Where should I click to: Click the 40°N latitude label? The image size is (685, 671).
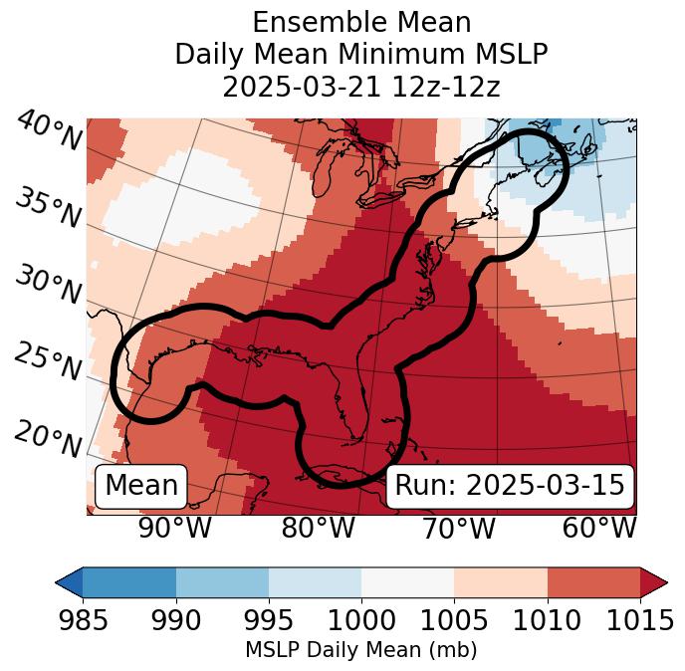coord(47,131)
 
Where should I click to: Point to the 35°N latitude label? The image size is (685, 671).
coord(47,207)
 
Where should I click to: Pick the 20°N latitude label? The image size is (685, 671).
coord(47,438)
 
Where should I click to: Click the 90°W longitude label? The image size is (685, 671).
coord(174,529)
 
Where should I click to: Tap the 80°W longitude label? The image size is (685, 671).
coord(318,529)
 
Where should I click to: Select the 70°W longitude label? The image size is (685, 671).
coord(459,529)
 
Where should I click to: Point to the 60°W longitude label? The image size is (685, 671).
coord(599,529)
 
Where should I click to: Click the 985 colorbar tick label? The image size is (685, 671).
coord(83,621)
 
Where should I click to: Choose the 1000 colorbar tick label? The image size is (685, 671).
coord(361,621)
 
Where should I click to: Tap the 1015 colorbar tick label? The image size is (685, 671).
coord(638,621)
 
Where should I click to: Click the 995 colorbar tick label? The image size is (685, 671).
coord(269,621)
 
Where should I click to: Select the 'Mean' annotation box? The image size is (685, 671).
coord(141,486)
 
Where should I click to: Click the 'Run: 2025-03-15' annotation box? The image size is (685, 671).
coord(510,486)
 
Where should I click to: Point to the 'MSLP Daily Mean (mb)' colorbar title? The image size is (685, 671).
coord(361,651)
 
